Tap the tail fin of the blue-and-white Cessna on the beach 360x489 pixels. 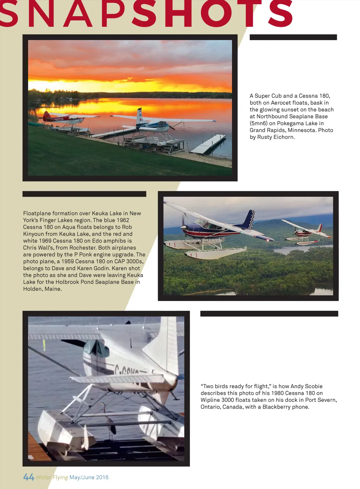(x=140, y=116)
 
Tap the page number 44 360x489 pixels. (x=28, y=477)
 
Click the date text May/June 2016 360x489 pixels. (x=89, y=477)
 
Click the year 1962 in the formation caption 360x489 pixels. (x=123, y=220)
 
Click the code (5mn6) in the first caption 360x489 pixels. (x=258, y=123)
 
